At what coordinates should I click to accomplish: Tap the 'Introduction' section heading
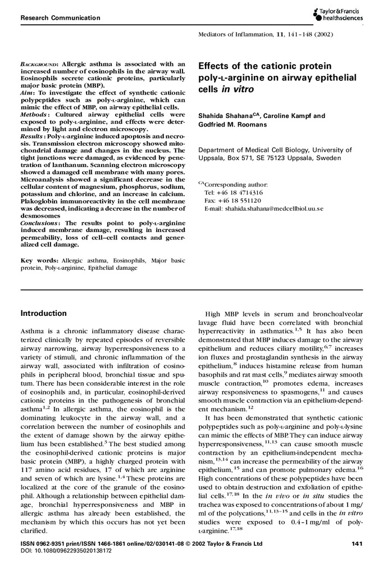pos(43,313)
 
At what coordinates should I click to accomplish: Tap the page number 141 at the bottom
pos(355,543)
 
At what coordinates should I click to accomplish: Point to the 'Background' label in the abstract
pos(39,65)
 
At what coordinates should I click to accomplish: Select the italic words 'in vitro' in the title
pos(231,89)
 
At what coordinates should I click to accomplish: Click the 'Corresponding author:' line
pos(236,184)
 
